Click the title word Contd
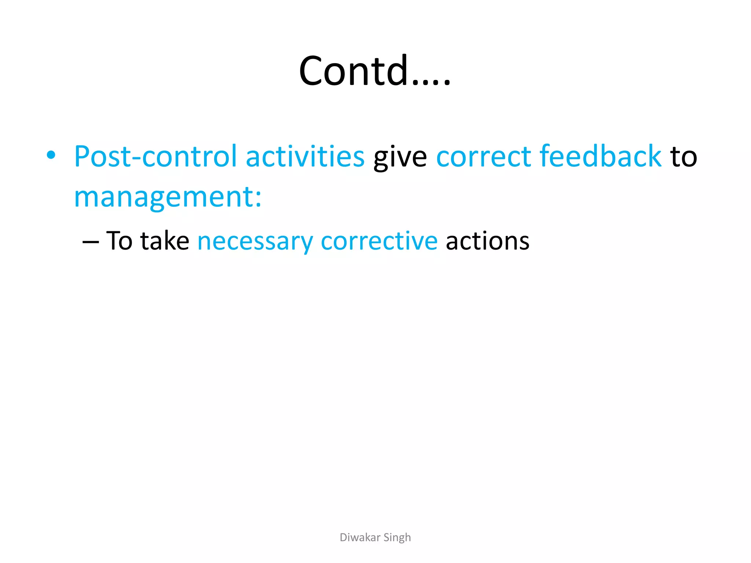354,70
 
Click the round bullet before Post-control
51,155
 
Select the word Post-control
155,157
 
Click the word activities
305,157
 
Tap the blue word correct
483,157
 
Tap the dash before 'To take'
91,242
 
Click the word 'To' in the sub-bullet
119,241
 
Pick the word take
165,241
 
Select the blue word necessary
255,242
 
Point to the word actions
487,241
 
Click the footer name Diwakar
360,537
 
